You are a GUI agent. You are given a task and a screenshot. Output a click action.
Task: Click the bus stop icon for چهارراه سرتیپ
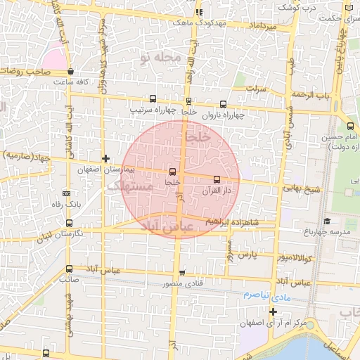153,99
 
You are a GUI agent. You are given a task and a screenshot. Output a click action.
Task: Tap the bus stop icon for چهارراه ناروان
224,103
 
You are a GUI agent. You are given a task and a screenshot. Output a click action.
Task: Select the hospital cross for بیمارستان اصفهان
105,158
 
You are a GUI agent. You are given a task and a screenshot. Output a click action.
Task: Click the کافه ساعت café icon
70,71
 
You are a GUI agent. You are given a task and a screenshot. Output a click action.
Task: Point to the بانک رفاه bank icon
67,193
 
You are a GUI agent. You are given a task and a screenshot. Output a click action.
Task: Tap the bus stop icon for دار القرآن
216,179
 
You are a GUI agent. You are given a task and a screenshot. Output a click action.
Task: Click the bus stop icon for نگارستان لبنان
68,222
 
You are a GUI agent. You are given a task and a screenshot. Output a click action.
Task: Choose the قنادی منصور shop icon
182,273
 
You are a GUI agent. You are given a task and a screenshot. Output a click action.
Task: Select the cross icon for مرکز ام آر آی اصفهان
273,311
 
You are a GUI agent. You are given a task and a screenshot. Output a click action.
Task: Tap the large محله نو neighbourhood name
160,57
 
